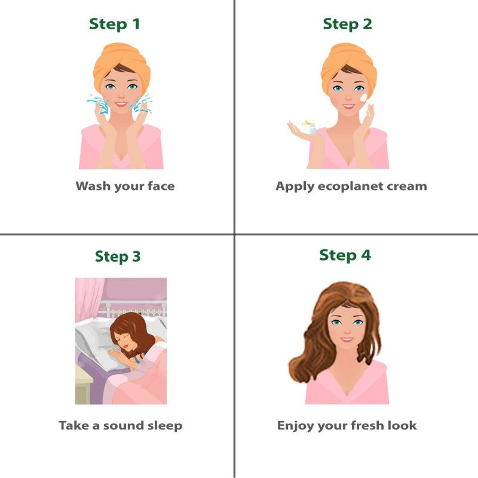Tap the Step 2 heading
(347, 24)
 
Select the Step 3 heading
(118, 256)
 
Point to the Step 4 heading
(345, 255)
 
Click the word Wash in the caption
(93, 186)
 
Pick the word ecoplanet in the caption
(352, 186)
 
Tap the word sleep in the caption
(161, 425)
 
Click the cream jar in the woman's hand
(308, 126)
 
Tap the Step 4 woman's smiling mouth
(346, 339)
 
